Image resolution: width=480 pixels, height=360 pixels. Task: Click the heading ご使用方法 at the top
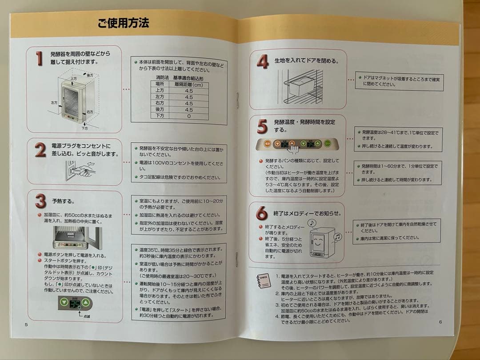123,23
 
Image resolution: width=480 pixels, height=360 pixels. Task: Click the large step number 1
40,58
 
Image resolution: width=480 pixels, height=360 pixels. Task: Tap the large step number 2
40,150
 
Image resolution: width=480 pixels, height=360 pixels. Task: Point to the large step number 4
262,61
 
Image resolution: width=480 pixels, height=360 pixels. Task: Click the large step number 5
262,127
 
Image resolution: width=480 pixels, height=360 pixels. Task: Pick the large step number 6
262,214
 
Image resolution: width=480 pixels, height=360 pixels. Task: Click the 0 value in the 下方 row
188,116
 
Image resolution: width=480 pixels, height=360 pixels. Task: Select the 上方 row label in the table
160,90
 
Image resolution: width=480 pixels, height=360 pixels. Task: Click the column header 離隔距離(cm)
188,84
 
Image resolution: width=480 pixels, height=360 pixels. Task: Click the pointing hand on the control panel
294,148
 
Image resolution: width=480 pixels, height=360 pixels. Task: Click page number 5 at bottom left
26,324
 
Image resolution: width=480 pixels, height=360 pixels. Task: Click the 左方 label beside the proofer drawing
54,102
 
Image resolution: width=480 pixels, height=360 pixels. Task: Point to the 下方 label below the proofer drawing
85,128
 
